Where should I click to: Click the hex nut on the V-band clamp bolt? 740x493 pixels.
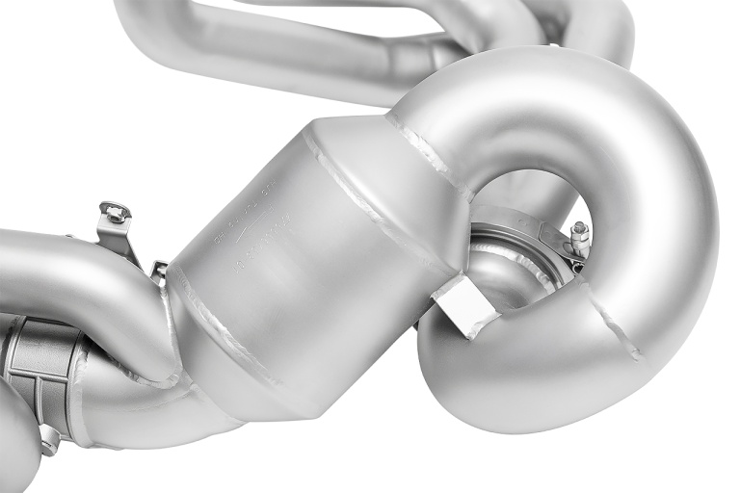pyautogui.click(x=580, y=231)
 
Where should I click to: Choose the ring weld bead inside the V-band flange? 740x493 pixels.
pyautogui.click(x=520, y=260)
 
